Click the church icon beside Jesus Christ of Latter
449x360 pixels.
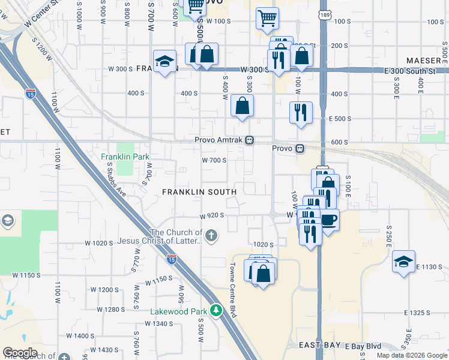211,237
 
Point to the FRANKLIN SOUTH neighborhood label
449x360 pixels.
199,191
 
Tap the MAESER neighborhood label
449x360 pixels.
424,61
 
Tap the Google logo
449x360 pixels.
20,353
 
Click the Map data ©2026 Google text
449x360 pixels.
412,355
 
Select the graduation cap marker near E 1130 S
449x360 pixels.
404,262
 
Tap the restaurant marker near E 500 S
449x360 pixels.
301,112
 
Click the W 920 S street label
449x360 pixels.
212,215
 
